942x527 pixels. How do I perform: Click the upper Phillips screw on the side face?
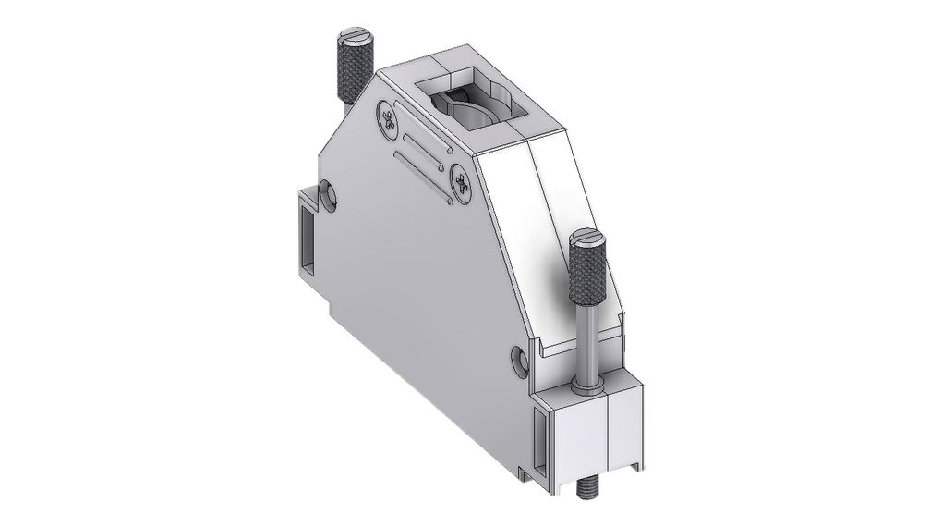coord(388,118)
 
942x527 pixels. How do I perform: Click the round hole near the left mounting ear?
coord(327,194)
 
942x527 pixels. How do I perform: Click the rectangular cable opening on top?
coord(470,102)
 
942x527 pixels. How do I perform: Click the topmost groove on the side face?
coord(426,137)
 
